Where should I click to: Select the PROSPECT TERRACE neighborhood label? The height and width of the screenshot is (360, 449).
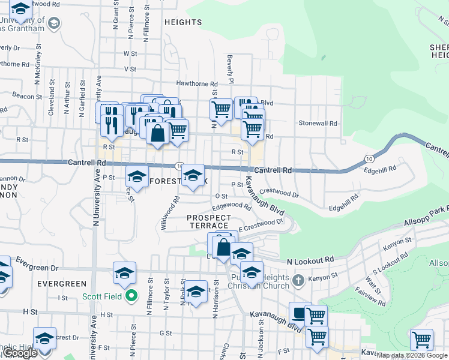(x=209, y=221)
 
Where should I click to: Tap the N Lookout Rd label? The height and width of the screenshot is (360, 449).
(x=310, y=261)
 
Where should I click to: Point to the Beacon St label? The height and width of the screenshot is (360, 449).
(x=26, y=96)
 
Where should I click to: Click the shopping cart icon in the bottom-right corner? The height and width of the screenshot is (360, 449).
(x=421, y=340)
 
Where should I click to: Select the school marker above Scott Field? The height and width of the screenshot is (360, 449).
(x=124, y=273)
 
